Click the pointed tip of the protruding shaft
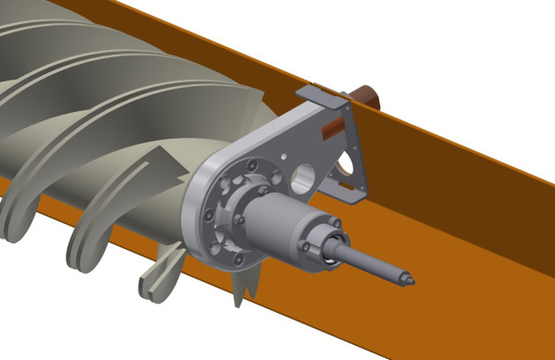point(409,279)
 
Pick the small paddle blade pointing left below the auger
point(155,279)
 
